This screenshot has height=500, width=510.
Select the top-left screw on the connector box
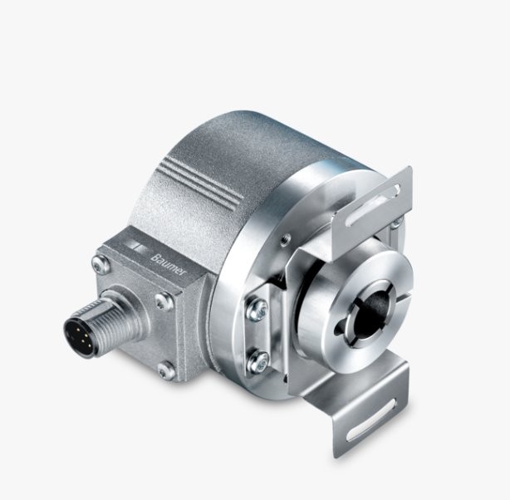(x=99, y=265)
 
